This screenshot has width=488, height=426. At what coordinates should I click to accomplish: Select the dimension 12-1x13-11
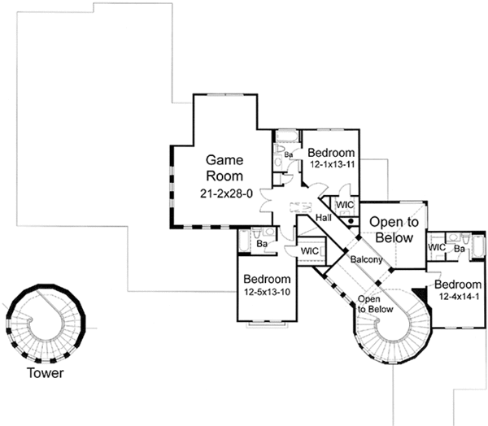point(332,165)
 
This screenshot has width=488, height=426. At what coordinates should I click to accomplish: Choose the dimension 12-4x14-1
point(458,298)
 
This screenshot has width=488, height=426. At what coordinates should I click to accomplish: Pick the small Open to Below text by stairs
point(375,304)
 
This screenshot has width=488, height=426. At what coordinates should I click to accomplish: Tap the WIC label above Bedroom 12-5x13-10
point(309,251)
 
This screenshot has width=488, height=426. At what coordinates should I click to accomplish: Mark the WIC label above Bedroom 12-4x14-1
point(435,246)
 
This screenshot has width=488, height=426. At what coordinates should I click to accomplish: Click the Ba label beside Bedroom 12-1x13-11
point(288,154)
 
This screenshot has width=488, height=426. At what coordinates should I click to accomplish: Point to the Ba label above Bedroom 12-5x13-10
point(263,242)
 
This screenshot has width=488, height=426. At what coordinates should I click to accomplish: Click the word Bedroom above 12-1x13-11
point(332,153)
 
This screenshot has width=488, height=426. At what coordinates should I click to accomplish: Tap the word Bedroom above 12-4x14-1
point(458,285)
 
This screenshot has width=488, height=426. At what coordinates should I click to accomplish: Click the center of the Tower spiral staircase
point(44,322)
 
